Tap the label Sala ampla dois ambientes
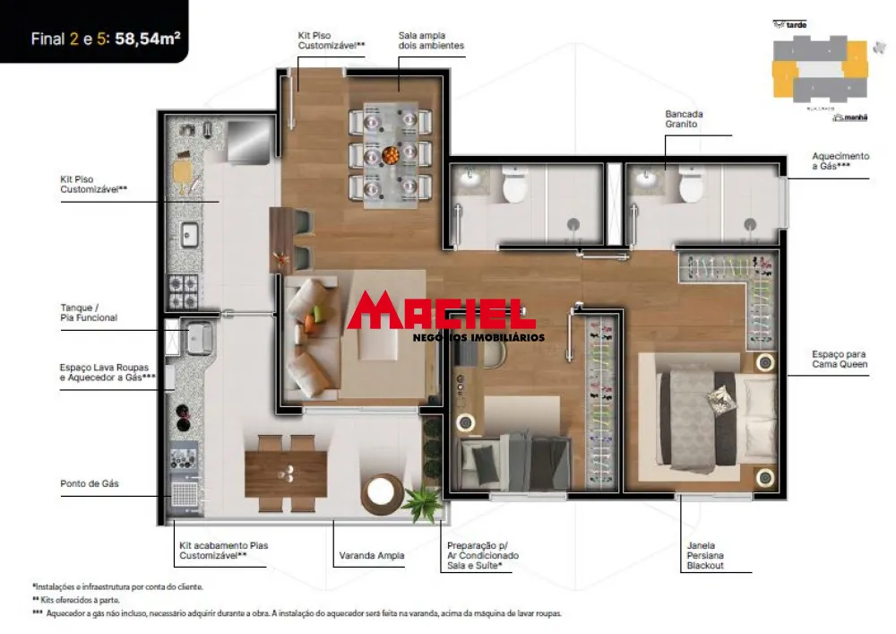click(431, 40)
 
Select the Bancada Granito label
click(684, 119)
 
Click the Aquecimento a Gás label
click(840, 161)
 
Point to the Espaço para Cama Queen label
click(840, 360)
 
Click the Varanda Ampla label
click(372, 556)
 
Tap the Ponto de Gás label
click(90, 483)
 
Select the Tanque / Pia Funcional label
click(89, 312)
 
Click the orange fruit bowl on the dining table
click(391, 156)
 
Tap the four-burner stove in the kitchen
click(183, 290)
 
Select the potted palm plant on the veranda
click(421, 503)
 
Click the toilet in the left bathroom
click(514, 185)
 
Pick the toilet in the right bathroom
click(691, 185)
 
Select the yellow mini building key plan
click(819, 69)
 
